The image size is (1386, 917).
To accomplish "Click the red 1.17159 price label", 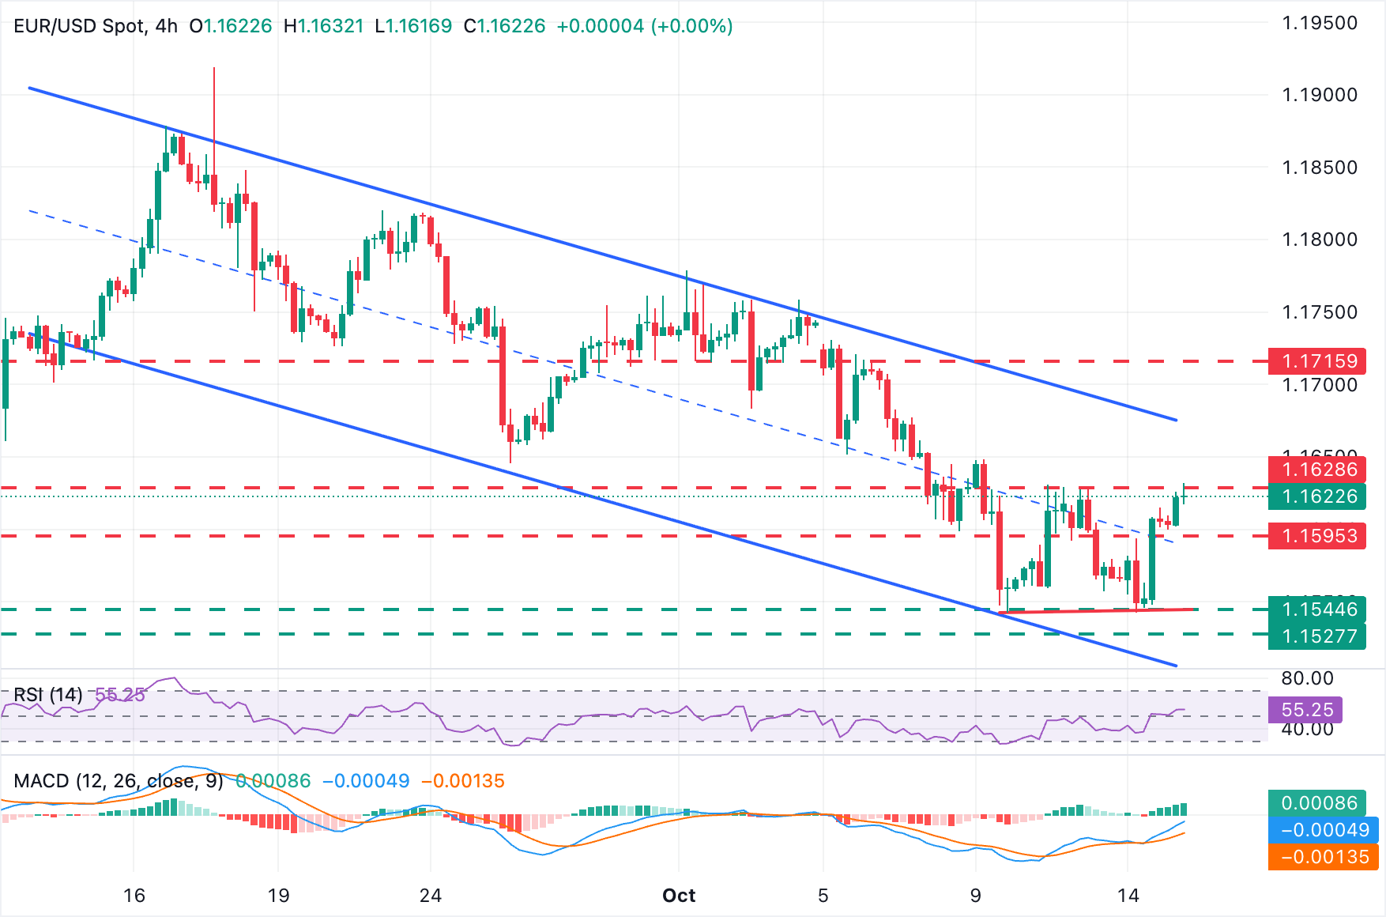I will tap(1317, 361).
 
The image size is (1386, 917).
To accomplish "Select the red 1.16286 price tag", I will tap(1317, 470).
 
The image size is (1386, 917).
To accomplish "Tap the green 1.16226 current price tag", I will tap(1317, 496).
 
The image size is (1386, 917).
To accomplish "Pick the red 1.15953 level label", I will tap(1317, 536).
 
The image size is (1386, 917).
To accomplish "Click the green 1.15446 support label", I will tap(1317, 609).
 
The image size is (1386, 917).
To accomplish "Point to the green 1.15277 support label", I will tap(1317, 636).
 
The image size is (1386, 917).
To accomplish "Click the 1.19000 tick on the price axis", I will tap(1319, 95).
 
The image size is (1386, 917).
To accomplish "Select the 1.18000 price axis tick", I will tap(1319, 240).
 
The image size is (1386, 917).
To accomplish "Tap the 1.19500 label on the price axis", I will tap(1319, 23).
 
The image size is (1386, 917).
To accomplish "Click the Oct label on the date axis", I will tap(679, 896).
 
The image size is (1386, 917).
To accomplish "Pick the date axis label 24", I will tap(431, 896).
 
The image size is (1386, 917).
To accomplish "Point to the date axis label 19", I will tap(279, 896).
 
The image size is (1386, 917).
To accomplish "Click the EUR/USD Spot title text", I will tap(79, 26).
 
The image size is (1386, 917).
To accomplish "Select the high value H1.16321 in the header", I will tap(324, 26).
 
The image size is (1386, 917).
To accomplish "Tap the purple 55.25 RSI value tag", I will tap(1307, 710).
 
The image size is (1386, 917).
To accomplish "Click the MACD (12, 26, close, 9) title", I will tap(119, 781).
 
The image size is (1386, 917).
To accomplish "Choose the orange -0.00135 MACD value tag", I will tap(1324, 857).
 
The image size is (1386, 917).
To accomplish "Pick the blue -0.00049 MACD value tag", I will tap(1324, 830).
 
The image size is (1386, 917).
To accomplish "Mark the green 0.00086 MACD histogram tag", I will tap(1319, 803).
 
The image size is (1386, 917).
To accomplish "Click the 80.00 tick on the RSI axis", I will tap(1307, 678).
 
